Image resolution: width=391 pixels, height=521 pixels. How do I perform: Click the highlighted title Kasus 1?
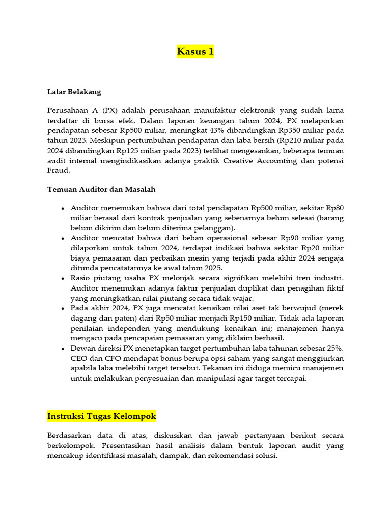click(x=195, y=51)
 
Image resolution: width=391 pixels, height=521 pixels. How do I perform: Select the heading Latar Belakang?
click(x=74, y=92)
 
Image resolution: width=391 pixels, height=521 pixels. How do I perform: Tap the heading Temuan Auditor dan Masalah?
click(x=101, y=189)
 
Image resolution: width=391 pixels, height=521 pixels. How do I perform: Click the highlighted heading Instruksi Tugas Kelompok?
click(x=101, y=416)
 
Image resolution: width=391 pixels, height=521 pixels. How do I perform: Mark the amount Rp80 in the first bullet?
click(x=335, y=209)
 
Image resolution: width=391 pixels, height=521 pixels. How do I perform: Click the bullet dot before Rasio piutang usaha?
click(x=63, y=278)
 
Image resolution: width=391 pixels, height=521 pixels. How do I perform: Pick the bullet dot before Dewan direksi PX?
click(x=63, y=349)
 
